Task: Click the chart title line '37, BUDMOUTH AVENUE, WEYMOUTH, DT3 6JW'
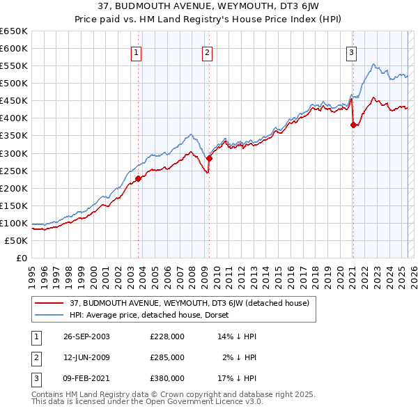(209, 6)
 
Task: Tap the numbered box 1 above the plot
(136, 52)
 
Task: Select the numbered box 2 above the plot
(208, 52)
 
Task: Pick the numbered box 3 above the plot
(352, 52)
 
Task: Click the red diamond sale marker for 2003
(139, 178)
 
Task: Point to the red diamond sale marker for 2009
(209, 158)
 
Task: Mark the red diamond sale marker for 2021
(353, 125)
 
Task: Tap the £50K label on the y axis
(17, 240)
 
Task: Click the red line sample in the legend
(49, 303)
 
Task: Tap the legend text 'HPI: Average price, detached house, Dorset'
(149, 315)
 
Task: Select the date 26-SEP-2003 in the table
(86, 336)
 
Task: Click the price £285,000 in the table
(167, 357)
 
